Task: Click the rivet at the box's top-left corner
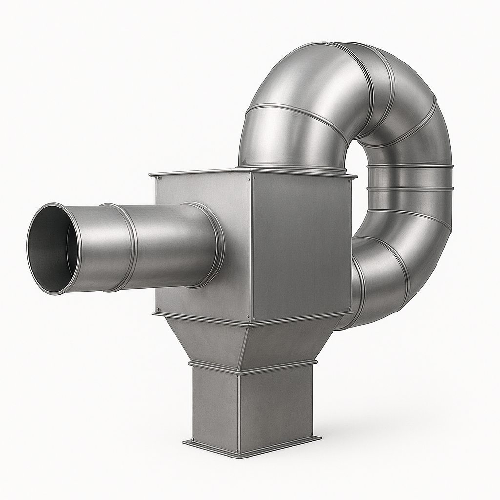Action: [158, 179]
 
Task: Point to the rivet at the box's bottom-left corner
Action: [158, 309]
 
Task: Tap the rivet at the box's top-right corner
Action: [348, 180]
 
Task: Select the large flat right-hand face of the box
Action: [300, 244]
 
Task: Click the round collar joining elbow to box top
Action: [293, 167]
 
